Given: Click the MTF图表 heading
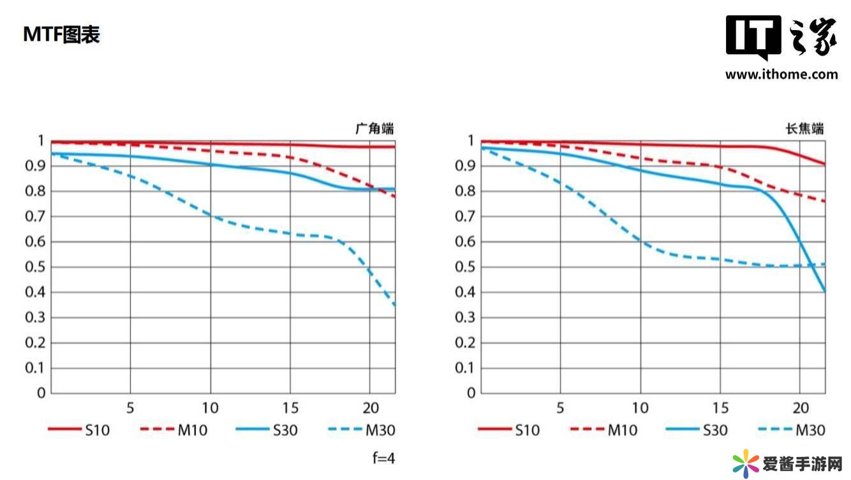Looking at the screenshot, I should pyautogui.click(x=61, y=34).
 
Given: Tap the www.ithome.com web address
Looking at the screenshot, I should pyautogui.click(x=781, y=75).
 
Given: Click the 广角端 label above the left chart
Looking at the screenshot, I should pyautogui.click(x=374, y=128).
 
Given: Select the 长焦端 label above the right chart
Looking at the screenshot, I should pyautogui.click(x=804, y=128).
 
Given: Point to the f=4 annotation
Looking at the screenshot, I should pyautogui.click(x=383, y=458).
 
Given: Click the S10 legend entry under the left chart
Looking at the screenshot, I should pyautogui.click(x=79, y=430).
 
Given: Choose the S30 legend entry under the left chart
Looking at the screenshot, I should pyautogui.click(x=267, y=430).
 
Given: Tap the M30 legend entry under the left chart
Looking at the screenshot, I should pyautogui.click(x=361, y=430).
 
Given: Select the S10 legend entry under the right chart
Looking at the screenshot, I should pyautogui.click(x=509, y=430).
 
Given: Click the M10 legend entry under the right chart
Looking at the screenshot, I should pyautogui.click(x=603, y=430).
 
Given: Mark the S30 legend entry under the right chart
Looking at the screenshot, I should pyautogui.click(x=697, y=430).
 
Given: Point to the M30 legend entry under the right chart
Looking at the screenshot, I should pyautogui.click(x=791, y=430).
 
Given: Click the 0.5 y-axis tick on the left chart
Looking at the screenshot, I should pyautogui.click(x=36, y=267).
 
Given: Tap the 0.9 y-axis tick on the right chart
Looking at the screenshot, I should pyautogui.click(x=466, y=166).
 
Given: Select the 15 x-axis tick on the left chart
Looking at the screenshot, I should pyautogui.click(x=290, y=408).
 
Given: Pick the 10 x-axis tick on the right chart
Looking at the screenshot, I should pyautogui.click(x=640, y=408).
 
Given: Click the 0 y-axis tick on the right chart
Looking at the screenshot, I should pyautogui.click(x=471, y=393).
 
